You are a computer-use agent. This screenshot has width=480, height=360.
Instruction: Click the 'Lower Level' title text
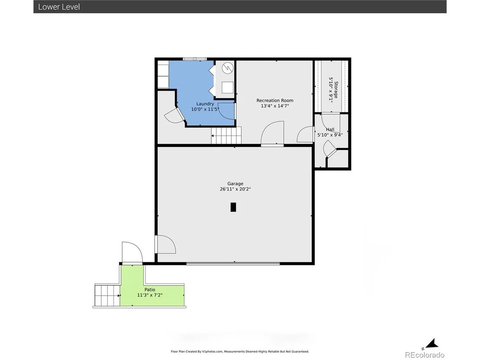point(59,7)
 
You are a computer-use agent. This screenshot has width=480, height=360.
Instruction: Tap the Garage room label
point(235,184)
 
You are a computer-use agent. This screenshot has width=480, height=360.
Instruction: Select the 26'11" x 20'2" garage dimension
point(235,189)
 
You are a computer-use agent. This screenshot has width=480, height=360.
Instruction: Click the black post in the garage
point(233,207)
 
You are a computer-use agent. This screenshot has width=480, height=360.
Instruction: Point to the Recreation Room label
point(275,101)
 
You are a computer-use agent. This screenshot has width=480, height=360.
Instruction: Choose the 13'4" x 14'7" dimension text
point(275,106)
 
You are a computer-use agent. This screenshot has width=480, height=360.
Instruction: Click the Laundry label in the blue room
point(205,104)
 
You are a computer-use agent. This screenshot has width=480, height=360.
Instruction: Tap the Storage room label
point(336,90)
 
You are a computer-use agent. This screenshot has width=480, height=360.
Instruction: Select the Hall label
point(330,130)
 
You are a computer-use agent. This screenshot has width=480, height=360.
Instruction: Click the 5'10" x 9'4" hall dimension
point(330,135)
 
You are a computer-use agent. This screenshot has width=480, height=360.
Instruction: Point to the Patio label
point(150,289)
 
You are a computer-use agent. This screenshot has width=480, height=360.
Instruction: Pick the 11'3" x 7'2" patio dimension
point(150,295)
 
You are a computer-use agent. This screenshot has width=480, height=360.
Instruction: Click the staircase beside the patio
point(107,295)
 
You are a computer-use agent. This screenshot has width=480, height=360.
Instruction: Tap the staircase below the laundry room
point(226,135)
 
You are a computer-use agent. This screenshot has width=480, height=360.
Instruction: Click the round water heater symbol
point(227,68)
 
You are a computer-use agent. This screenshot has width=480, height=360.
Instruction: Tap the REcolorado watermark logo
point(425,355)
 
